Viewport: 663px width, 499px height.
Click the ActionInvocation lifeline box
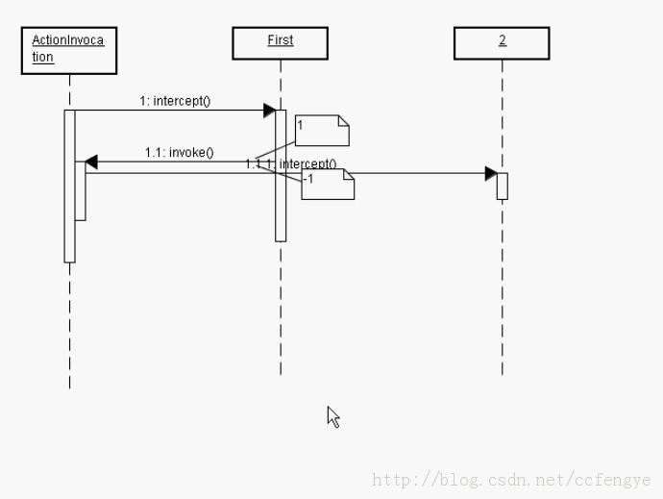(x=68, y=50)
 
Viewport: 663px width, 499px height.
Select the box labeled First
(x=280, y=42)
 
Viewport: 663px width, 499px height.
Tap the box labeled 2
(x=502, y=42)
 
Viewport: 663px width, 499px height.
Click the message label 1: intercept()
(x=175, y=100)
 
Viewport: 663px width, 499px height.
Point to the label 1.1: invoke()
(x=179, y=152)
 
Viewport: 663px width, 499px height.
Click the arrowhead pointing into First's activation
(x=270, y=111)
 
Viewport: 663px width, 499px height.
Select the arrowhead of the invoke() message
(x=91, y=162)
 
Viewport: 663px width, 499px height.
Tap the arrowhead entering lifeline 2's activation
(x=490, y=173)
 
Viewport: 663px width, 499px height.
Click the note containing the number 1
(x=322, y=130)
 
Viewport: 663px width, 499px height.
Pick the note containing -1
(x=328, y=184)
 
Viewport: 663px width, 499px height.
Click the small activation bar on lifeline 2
(x=502, y=186)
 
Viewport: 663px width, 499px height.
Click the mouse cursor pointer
(x=332, y=415)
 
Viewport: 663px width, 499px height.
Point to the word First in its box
(x=280, y=40)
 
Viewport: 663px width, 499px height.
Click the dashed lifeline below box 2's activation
(x=502, y=288)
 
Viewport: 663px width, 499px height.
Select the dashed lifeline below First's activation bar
(x=281, y=308)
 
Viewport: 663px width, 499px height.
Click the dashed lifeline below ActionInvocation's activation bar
(x=69, y=327)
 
